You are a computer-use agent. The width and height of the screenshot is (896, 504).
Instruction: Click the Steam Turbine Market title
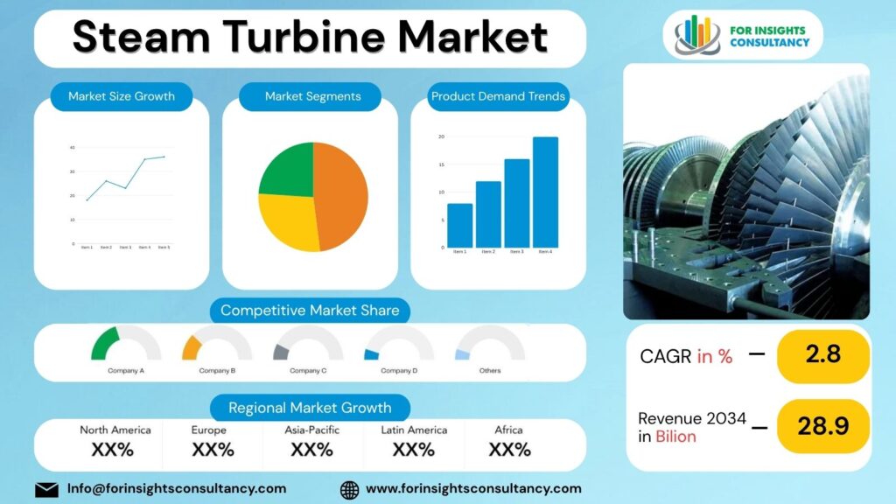tap(310, 38)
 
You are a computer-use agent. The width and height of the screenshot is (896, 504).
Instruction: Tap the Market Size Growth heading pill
tap(122, 96)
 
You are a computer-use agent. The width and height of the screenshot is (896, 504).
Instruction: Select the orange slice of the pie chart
tap(341, 196)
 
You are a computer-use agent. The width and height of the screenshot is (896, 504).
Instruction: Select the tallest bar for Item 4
tap(545, 192)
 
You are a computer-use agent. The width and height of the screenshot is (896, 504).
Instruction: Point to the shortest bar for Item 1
tap(459, 226)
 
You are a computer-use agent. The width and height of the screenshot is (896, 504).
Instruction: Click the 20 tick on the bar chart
tap(441, 137)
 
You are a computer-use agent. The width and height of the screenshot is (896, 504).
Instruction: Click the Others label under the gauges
tap(490, 370)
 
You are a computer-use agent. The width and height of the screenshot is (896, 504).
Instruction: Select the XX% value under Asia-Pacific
tap(312, 450)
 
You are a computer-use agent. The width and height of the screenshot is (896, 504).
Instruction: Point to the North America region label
tap(115, 430)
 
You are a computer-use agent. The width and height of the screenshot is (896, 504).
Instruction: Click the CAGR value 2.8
tap(822, 355)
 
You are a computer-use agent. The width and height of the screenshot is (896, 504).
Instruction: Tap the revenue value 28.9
tap(822, 426)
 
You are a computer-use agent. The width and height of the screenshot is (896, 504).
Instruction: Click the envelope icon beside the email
tap(46, 489)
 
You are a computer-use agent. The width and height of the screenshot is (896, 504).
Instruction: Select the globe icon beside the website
tap(349, 489)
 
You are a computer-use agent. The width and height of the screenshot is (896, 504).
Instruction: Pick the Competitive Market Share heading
tap(310, 311)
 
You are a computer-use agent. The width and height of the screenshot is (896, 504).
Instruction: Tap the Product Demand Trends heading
tap(498, 96)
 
